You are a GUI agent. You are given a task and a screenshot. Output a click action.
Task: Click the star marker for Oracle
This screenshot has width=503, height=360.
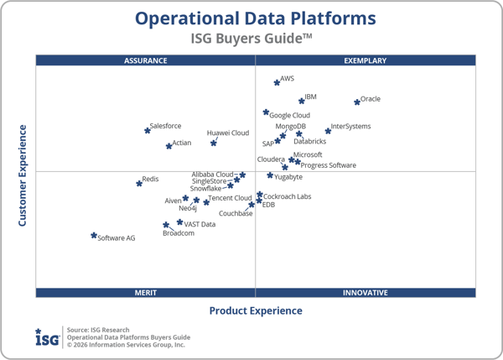[x=357, y=102]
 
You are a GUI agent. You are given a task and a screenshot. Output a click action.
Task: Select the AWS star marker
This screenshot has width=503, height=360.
[x=277, y=82]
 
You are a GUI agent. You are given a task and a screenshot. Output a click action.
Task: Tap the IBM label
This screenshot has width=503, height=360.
[x=310, y=97]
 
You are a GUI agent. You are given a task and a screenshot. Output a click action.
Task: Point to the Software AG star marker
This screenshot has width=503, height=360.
[x=94, y=236]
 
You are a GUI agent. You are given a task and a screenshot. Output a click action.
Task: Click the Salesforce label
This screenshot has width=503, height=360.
[x=165, y=126]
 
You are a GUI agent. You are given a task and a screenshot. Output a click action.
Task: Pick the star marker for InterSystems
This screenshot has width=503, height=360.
[x=328, y=131]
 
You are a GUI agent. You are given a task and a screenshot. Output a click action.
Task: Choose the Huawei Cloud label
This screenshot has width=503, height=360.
[x=228, y=133]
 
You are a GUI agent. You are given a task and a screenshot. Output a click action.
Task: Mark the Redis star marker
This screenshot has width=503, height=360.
[x=139, y=183]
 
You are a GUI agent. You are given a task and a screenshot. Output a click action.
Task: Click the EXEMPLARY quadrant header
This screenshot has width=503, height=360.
[x=365, y=60]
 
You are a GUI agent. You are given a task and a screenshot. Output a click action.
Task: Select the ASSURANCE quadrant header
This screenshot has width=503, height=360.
[x=146, y=60]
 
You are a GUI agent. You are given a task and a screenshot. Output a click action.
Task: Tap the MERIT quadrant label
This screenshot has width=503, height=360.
[x=146, y=293]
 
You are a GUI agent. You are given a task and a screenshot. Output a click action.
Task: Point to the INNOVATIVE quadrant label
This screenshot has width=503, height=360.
[x=365, y=293]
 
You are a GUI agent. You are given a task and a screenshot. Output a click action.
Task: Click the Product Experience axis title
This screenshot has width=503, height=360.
[x=256, y=310]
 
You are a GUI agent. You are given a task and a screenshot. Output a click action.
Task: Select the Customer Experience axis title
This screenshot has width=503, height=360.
[x=23, y=175]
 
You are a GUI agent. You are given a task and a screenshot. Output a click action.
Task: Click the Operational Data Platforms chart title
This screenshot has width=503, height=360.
[x=256, y=18]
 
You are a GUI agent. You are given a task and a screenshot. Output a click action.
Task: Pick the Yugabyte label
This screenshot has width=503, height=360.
[x=288, y=177]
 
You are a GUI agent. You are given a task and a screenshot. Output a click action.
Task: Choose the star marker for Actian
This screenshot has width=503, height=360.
[x=169, y=145]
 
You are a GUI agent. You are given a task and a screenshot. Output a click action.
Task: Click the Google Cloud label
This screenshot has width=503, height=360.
[x=290, y=115]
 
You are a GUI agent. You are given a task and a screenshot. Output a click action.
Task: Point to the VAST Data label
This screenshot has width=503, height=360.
[x=200, y=224]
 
